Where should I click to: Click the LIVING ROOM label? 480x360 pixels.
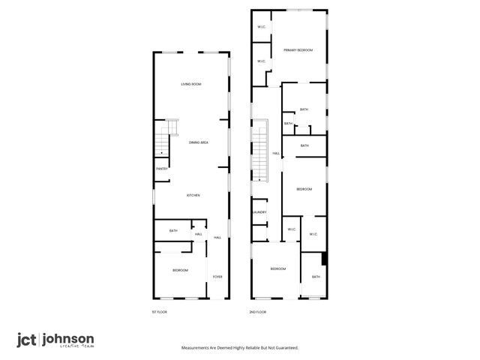point(191,84)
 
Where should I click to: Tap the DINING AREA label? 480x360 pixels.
point(198,142)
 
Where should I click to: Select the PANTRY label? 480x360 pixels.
point(162,169)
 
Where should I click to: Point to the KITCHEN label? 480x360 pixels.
point(193,195)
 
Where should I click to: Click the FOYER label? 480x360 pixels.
point(217,277)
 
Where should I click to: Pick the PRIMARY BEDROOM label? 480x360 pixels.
point(298,50)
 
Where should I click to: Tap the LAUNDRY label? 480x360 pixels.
point(259,212)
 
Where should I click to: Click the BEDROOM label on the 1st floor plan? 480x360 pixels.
point(180,270)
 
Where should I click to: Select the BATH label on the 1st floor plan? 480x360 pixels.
point(173,230)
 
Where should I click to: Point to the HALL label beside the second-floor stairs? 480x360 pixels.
point(276,153)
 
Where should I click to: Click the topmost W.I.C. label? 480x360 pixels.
point(262,28)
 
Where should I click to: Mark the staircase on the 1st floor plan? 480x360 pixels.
point(163,139)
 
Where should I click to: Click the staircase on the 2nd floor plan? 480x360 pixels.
point(259,150)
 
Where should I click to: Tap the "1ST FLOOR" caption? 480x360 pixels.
point(158,311)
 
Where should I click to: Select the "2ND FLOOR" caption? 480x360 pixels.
point(257,311)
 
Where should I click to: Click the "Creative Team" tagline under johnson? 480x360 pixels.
point(78,347)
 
